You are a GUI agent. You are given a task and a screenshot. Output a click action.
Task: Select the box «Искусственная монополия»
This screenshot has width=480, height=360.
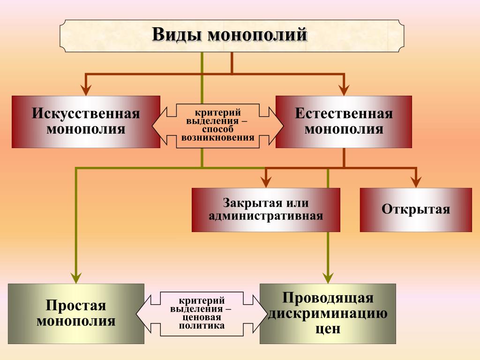(x=86, y=122)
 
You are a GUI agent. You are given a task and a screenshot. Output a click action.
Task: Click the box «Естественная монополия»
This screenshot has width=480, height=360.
(x=344, y=122)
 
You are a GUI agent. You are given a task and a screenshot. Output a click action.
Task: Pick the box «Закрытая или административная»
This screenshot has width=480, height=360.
(x=266, y=210)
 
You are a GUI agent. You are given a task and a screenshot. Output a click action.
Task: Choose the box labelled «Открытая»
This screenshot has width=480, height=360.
(x=416, y=210)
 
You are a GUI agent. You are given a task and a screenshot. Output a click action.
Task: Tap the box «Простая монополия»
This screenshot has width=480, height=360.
(x=76, y=314)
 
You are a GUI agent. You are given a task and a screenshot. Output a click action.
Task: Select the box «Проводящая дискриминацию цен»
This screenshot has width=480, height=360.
(x=328, y=314)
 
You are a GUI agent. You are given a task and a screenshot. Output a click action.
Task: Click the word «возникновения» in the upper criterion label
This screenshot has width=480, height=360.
(x=218, y=138)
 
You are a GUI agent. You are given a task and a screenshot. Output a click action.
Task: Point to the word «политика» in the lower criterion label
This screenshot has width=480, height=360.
(x=202, y=325)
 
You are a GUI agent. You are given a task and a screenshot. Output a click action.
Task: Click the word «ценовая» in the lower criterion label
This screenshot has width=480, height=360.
(x=202, y=317)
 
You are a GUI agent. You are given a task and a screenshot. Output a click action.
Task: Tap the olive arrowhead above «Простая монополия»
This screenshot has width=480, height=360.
(x=76, y=276)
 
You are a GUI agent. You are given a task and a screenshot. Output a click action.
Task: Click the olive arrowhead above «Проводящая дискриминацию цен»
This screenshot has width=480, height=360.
(x=328, y=276)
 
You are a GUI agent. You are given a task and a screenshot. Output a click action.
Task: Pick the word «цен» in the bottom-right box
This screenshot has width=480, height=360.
(x=328, y=329)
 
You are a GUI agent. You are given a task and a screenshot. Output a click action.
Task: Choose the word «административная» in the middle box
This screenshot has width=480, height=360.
(x=266, y=216)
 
